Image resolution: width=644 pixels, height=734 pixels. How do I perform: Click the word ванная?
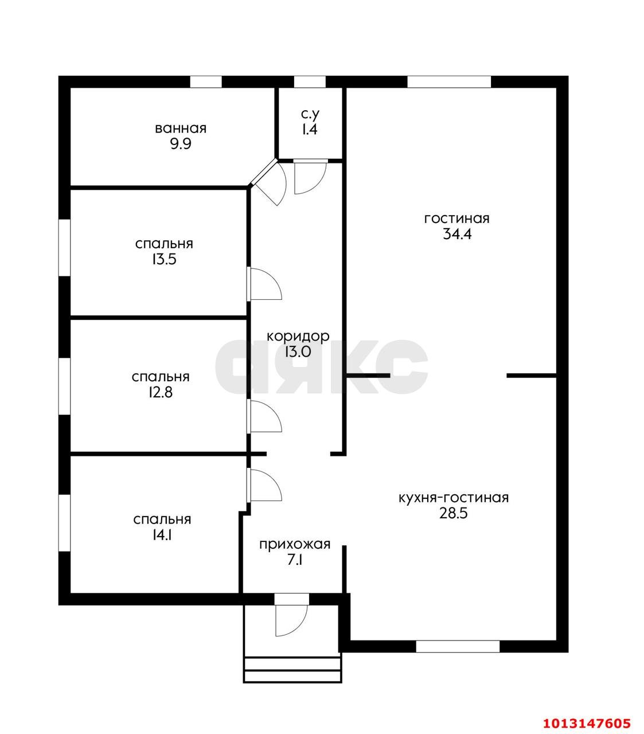tap(181, 128)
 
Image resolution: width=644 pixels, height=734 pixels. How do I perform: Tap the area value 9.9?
tap(181, 144)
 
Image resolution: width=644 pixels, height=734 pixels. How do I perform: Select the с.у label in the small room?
tap(310, 115)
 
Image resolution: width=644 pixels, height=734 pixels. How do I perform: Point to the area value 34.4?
tap(456, 234)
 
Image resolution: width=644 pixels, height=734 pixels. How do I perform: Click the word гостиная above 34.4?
tap(456, 219)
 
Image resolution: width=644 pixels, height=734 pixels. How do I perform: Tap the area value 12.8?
tap(161, 392)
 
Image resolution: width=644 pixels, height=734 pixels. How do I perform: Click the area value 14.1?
tap(162, 535)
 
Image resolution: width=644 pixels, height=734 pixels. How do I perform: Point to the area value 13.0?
tap(298, 352)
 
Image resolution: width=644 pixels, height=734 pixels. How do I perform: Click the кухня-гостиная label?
tap(454, 498)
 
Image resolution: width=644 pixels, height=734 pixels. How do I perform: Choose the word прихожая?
tap(295, 545)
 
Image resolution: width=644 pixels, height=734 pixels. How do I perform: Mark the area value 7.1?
tap(295, 560)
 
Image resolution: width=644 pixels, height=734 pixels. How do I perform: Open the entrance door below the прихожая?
tap(291, 619)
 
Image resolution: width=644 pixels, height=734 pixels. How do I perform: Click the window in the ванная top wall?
tap(206, 82)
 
